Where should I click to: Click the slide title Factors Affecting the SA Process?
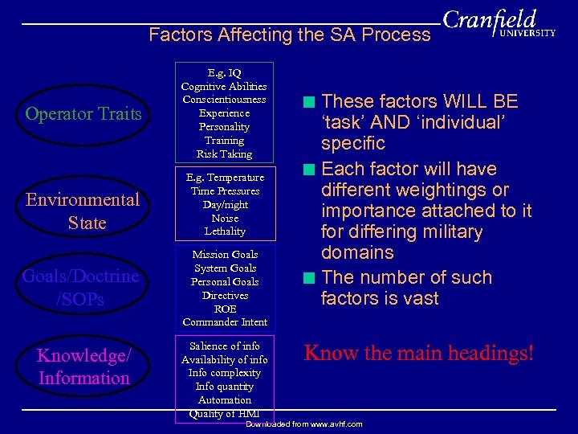coord(290,35)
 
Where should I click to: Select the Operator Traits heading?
coord(83,113)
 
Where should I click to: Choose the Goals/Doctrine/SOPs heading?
coord(80,288)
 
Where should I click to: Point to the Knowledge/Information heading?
coord(83,366)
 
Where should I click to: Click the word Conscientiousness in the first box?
coord(224,100)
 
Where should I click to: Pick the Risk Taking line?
coord(224,154)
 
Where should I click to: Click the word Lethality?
coord(224,231)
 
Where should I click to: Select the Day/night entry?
coord(224,204)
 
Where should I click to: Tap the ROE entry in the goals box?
coord(224,309)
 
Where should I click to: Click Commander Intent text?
coord(224,322)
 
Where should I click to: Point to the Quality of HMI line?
coord(224,413)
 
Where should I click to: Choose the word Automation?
coord(224,399)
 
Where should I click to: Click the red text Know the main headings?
coord(418,353)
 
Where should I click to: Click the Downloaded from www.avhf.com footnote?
coord(303,424)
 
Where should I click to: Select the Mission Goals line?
coord(224,254)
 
